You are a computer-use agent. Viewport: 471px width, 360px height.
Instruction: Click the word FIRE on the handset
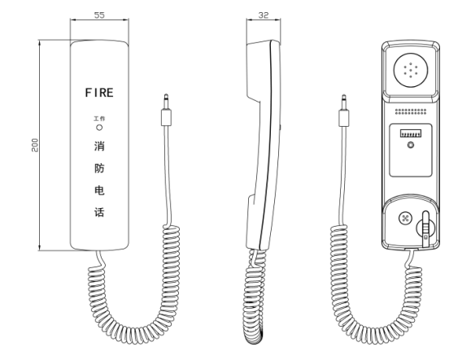(x=99, y=93)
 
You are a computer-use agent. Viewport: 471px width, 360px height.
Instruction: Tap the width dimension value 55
(x=99, y=15)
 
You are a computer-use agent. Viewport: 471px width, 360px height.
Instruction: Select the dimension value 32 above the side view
(x=264, y=15)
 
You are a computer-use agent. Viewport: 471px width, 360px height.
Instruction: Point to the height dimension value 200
(x=35, y=145)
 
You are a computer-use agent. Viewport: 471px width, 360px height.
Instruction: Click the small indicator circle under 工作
(x=99, y=128)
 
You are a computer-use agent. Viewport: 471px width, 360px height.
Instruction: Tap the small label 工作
(x=99, y=119)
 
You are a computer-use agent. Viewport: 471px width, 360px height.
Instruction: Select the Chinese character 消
(x=99, y=146)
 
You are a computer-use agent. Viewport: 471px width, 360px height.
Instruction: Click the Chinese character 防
(x=99, y=168)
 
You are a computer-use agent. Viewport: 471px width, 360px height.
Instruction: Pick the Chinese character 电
(x=99, y=190)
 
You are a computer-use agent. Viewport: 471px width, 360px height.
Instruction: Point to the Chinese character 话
(x=99, y=212)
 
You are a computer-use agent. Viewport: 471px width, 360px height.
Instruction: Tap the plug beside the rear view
(x=343, y=111)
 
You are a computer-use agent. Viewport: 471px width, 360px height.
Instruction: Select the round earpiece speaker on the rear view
(x=411, y=70)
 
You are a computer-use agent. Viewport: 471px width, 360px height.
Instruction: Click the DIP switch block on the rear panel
(x=411, y=133)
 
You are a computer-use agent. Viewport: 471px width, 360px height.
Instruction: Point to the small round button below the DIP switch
(x=411, y=145)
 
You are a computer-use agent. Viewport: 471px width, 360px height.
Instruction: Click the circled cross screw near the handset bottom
(x=405, y=218)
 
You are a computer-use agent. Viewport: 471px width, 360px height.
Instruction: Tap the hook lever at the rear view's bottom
(x=425, y=229)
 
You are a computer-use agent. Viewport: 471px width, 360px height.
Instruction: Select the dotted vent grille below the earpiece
(x=411, y=111)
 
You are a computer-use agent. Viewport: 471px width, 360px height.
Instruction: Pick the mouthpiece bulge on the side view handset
(x=253, y=222)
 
